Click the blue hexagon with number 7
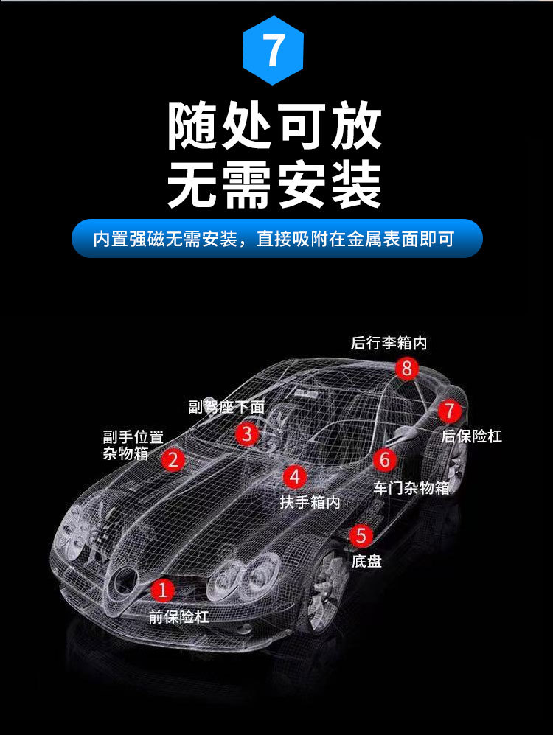click(x=273, y=50)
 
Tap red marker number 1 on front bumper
click(x=163, y=590)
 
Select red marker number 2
click(x=173, y=460)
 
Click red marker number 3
click(x=247, y=433)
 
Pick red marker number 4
click(x=295, y=477)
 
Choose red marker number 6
click(x=385, y=459)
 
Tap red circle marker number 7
click(x=450, y=411)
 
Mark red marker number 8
click(x=406, y=369)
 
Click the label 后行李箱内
click(x=389, y=343)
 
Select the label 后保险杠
click(x=471, y=436)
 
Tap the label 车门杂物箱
click(x=411, y=488)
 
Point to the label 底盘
click(x=366, y=561)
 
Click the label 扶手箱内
click(x=310, y=503)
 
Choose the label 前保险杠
click(x=178, y=616)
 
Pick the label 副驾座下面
click(x=226, y=406)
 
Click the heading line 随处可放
click(x=275, y=126)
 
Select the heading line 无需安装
click(x=275, y=184)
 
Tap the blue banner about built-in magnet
click(x=277, y=239)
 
